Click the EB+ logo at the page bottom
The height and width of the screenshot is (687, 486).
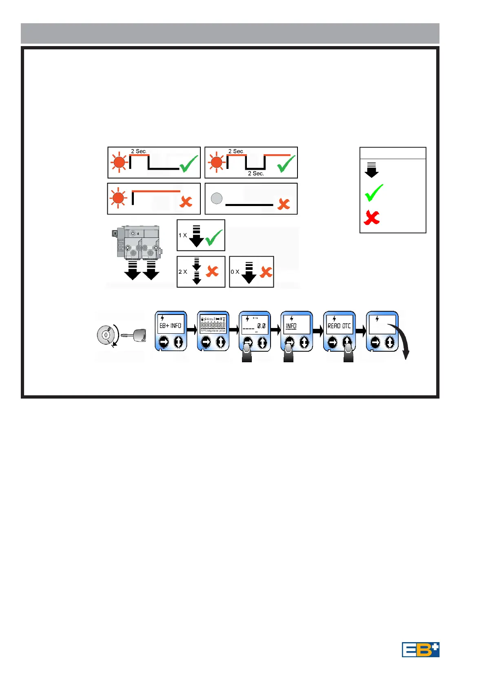pos(420,649)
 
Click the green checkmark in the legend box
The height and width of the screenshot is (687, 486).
pos(374,193)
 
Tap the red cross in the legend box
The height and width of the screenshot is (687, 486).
pos(372,217)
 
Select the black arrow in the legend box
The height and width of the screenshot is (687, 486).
pos(371,170)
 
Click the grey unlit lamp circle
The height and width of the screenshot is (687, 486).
pos(217,198)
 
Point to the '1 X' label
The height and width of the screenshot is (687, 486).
pos(182,235)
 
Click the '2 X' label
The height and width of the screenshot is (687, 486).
pos(182,272)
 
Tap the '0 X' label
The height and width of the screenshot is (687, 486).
pos(235,272)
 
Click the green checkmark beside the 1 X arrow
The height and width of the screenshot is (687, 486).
pos(214,237)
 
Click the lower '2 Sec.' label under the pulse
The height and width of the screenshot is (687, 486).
pos(256,173)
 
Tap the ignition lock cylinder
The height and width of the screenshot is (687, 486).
pos(105,335)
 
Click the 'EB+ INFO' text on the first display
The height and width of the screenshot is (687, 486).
pos(170,326)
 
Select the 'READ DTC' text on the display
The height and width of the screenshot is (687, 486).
pos(339,326)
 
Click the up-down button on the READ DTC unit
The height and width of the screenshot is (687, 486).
pos(347,342)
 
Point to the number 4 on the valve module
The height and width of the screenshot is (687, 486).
pos(138,234)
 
